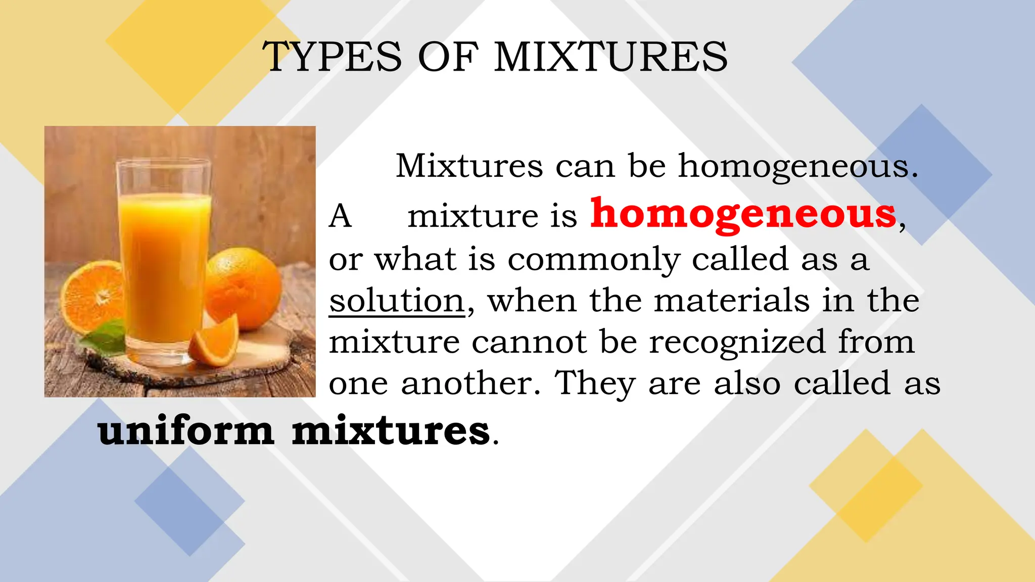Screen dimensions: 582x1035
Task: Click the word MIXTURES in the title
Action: click(x=611, y=57)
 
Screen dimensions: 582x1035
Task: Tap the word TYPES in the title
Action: click(x=332, y=57)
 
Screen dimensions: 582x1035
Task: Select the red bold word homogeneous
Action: click(x=743, y=214)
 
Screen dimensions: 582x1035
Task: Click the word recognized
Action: click(x=737, y=343)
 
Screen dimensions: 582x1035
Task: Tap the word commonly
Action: click(x=593, y=260)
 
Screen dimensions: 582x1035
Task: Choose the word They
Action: click(x=595, y=383)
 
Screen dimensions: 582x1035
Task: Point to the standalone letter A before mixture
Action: click(x=340, y=216)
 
